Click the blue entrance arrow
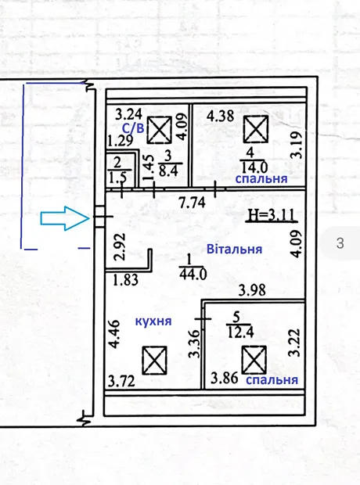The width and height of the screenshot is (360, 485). click(x=65, y=218)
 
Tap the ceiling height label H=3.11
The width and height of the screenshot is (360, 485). click(x=272, y=215)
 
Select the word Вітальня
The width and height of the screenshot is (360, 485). click(x=234, y=249)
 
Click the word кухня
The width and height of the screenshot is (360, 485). click(x=153, y=322)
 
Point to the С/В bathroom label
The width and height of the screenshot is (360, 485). click(x=133, y=128)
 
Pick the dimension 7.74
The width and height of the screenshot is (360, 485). click(x=193, y=203)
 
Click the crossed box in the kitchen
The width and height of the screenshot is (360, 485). click(x=154, y=360)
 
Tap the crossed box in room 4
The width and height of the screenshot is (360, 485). click(x=256, y=129)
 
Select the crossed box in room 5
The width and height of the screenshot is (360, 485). click(x=254, y=360)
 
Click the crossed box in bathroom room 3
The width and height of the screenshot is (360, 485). click(x=159, y=130)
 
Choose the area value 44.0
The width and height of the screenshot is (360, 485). click(x=193, y=274)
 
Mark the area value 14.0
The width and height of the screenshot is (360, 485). click(x=254, y=167)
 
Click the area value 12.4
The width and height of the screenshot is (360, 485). click(x=240, y=332)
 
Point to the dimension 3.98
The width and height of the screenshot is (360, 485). click(x=252, y=290)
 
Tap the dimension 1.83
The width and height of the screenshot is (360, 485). click(x=125, y=280)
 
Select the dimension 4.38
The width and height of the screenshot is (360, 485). click(x=221, y=117)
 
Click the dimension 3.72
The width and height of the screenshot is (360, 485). click(x=121, y=381)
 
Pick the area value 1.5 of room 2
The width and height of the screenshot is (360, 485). click(x=117, y=178)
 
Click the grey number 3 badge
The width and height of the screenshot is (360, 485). click(x=340, y=243)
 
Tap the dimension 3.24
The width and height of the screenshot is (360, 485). click(x=129, y=114)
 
